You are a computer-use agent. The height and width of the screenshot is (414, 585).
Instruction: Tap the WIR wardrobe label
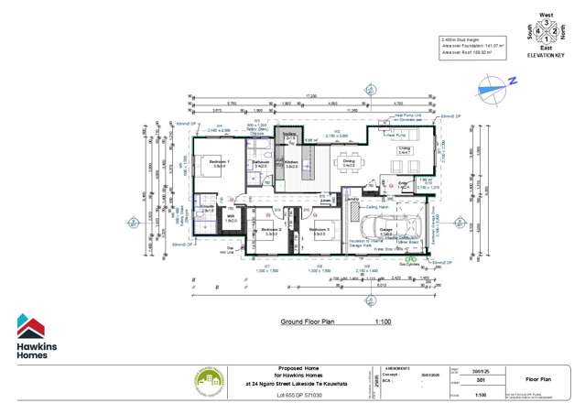[x=231, y=219]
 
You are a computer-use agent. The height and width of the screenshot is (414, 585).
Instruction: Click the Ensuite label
[x=207, y=209]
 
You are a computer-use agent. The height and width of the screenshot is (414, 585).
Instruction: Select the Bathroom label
[x=260, y=164]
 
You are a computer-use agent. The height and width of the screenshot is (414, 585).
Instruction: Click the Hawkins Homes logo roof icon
[x=30, y=326]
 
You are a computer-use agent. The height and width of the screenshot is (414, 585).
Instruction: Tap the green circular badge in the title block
[x=209, y=382]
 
